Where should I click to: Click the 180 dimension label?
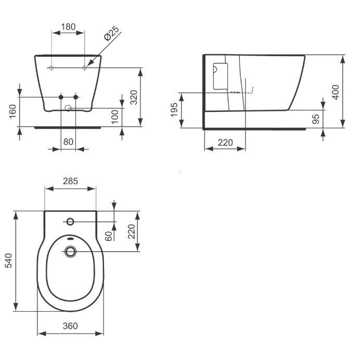point(69,27)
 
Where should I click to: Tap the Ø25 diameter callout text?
point(112,35)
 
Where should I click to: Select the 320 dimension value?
point(133,97)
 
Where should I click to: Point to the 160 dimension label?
point(13,111)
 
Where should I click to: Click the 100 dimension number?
point(115,117)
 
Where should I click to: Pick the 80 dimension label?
point(69,141)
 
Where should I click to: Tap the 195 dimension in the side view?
point(174,110)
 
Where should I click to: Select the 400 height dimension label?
point(335,92)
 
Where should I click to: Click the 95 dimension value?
point(315,119)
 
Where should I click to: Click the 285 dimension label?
point(70,182)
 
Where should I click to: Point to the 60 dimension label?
point(108,236)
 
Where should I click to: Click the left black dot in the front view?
point(61,97)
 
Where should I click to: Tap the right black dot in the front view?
point(76,97)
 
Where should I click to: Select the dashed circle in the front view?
point(68,109)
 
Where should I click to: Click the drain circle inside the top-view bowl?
point(70,252)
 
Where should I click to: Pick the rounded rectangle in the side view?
point(220,76)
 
